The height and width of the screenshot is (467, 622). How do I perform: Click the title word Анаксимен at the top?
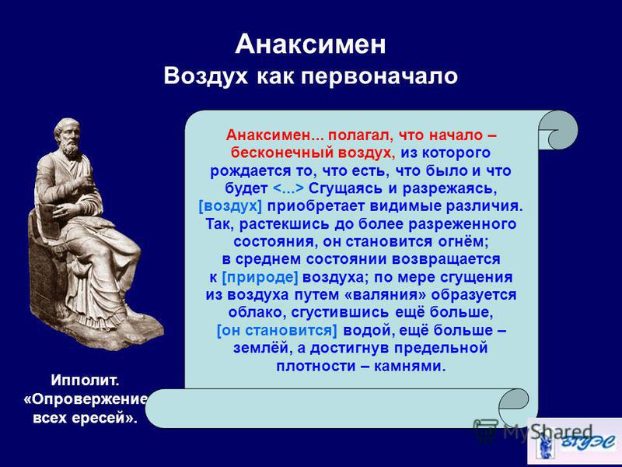[310, 44]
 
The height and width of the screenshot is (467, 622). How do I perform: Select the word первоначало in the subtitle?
[379, 75]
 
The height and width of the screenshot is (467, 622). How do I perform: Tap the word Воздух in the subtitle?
[206, 75]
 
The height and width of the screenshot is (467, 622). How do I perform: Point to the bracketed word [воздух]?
[230, 206]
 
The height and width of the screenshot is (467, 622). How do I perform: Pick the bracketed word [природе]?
[260, 277]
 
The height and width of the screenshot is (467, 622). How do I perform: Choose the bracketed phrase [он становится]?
[277, 330]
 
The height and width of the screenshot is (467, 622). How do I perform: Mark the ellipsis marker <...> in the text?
[288, 188]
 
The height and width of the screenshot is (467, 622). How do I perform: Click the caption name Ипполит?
[85, 381]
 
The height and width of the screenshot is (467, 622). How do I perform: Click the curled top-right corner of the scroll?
[557, 130]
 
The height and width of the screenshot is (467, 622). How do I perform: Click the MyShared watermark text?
[547, 432]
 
